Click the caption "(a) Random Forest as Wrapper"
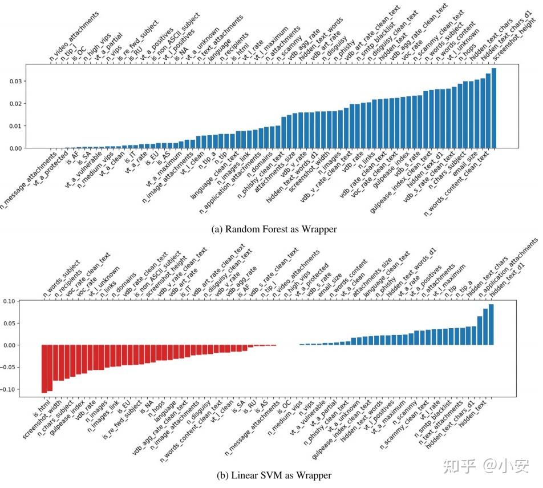(274, 229)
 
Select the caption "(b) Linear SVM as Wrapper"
(274, 475)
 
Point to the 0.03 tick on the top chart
(18, 81)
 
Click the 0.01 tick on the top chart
(18, 126)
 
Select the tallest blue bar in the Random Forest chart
(493, 108)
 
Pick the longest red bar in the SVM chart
(44, 369)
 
